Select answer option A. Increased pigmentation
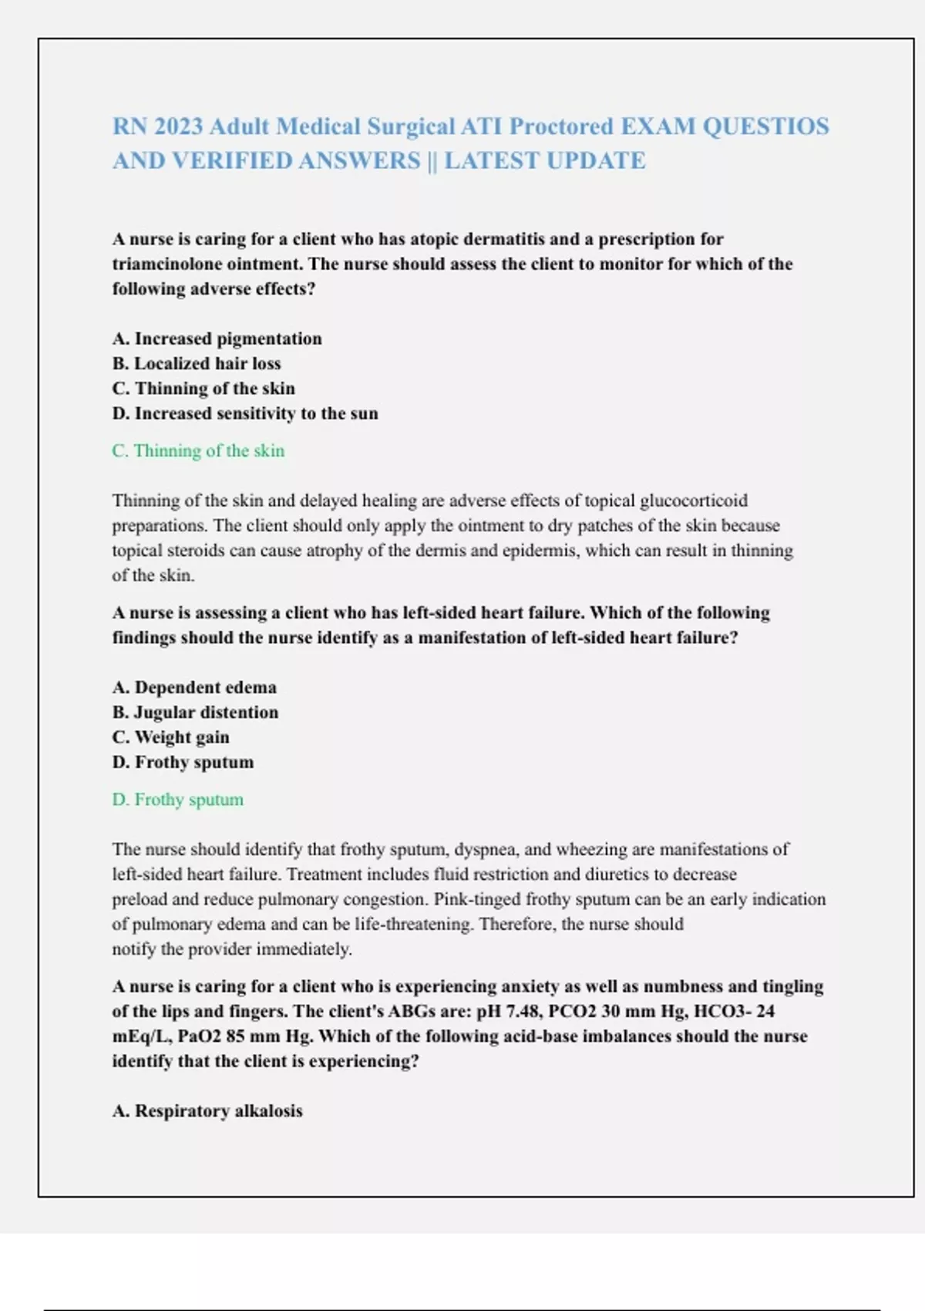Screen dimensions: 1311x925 (217, 339)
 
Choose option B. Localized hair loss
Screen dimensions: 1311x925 (197, 363)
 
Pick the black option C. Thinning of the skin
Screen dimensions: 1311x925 (203, 388)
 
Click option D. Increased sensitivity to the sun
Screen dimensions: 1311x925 (245, 413)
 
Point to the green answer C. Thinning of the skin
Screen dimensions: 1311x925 (198, 450)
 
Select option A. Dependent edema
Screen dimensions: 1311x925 (194, 687)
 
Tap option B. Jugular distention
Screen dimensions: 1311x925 (195, 712)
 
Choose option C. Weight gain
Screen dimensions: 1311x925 (170, 737)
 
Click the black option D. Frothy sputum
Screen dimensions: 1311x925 (183, 762)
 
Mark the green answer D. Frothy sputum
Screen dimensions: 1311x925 (177, 800)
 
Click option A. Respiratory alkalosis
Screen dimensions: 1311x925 (207, 1110)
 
